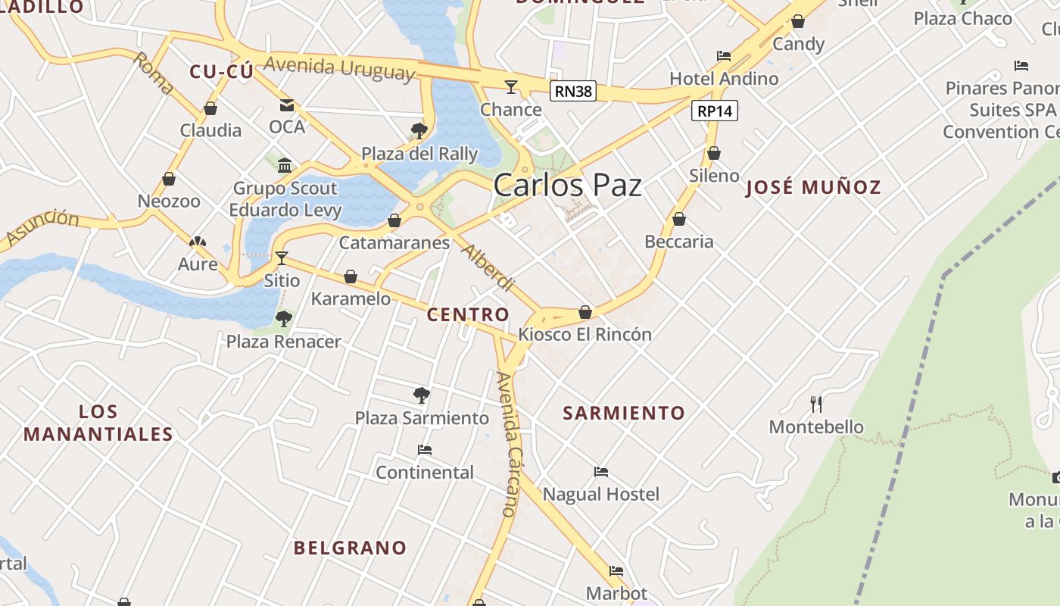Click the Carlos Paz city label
click(567, 186)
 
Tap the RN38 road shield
click(573, 92)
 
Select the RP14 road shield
click(714, 111)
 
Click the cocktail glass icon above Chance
click(511, 86)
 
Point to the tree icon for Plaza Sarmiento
click(422, 395)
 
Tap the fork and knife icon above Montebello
click(815, 404)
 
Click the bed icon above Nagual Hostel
click(601, 472)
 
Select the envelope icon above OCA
click(287, 105)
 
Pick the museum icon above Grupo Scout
click(285, 165)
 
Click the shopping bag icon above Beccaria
click(679, 219)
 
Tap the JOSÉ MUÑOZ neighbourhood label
click(813, 187)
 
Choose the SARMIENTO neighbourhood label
click(624, 413)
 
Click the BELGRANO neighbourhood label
click(350, 548)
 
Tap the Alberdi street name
click(488, 268)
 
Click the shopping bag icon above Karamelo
click(351, 276)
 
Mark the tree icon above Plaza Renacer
click(284, 319)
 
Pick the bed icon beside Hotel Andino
click(724, 56)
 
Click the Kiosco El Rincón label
click(585, 334)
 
